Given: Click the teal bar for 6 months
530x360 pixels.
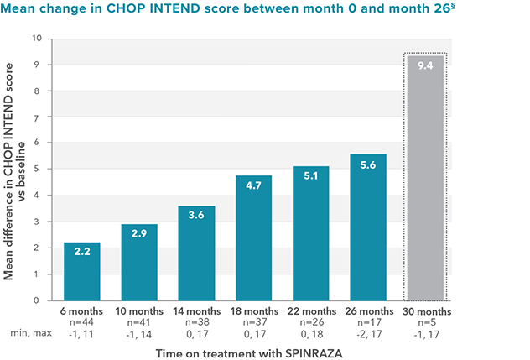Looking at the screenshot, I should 82,270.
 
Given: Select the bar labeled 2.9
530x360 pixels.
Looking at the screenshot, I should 139,261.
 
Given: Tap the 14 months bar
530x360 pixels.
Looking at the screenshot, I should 196,252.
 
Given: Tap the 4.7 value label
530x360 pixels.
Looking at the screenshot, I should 253,188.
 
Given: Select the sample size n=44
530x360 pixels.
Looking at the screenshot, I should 82,322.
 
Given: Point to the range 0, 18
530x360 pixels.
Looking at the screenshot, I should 310,333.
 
